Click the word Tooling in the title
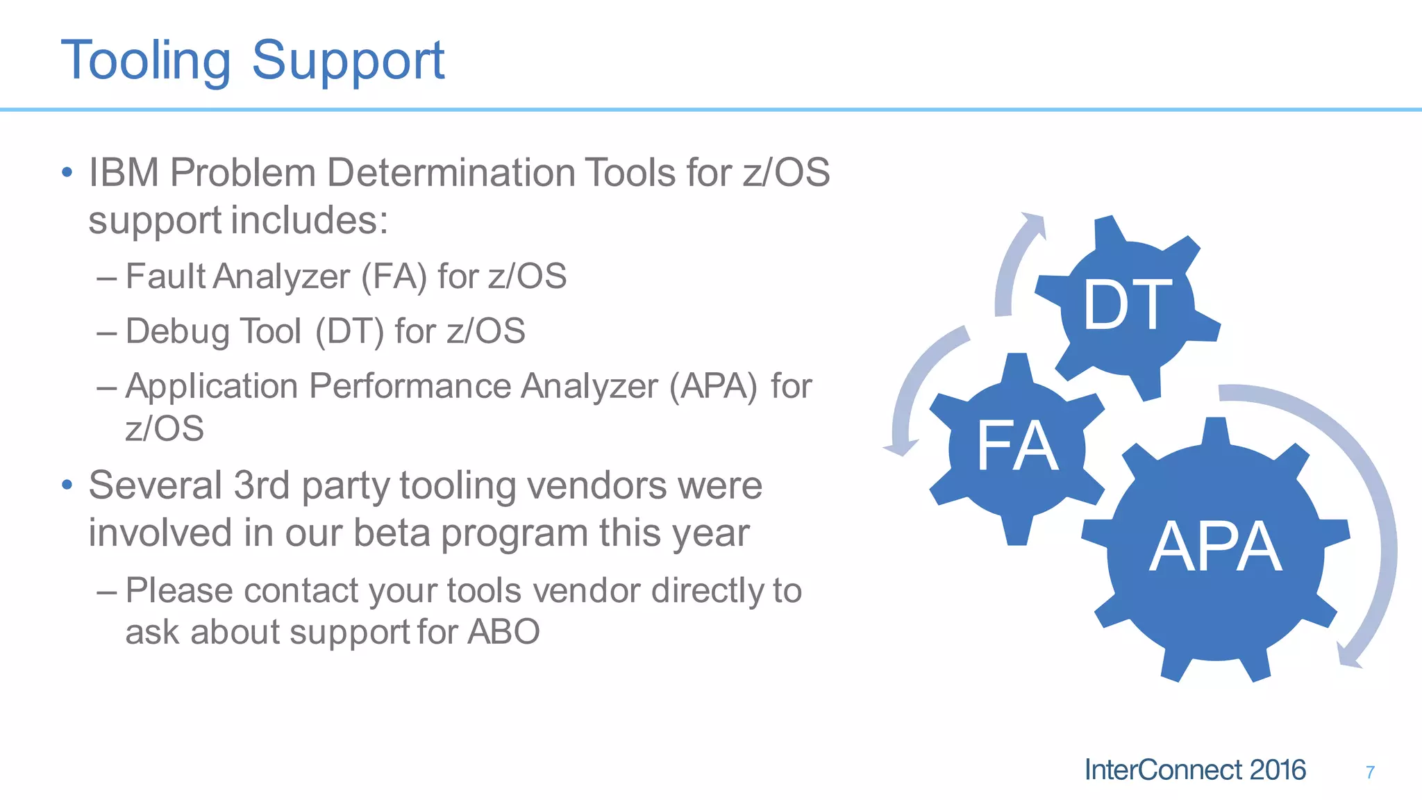click(146, 61)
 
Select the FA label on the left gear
click(1017, 446)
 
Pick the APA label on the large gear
click(1215, 547)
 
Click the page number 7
click(1370, 772)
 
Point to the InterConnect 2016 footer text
click(1195, 770)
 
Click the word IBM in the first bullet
click(124, 172)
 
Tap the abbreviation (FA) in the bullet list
click(394, 276)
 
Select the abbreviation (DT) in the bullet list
click(349, 331)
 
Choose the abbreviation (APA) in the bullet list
click(713, 386)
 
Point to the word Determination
click(451, 172)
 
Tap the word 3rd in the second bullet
click(262, 485)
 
